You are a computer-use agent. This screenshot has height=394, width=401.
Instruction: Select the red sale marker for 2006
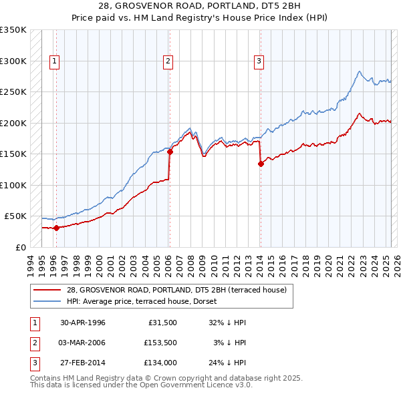tap(170, 152)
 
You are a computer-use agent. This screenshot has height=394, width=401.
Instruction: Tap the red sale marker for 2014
tap(261, 164)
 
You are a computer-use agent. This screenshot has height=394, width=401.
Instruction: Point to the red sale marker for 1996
tap(56, 228)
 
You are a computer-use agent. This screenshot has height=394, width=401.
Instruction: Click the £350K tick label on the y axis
tap(13, 30)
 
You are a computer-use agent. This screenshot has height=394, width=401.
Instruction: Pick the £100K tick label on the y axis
tap(13, 185)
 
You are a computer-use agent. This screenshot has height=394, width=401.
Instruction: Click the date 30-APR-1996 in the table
tap(83, 322)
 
